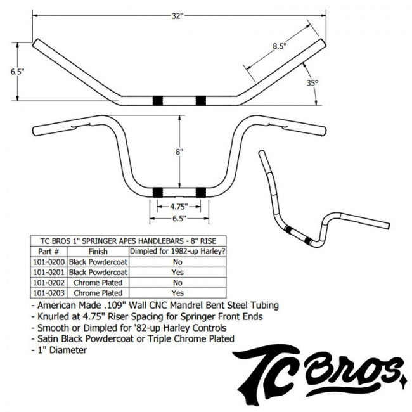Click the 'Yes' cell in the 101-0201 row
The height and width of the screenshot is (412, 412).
click(x=177, y=271)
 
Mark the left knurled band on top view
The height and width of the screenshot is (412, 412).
click(x=157, y=100)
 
